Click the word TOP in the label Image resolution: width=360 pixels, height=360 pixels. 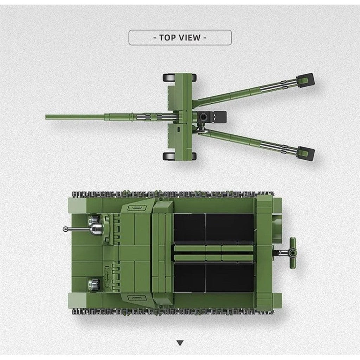coord(168,37)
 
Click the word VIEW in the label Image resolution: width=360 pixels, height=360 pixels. coord(189,37)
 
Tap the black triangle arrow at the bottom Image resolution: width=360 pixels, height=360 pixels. coord(180,343)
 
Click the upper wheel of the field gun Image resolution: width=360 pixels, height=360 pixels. coord(180,78)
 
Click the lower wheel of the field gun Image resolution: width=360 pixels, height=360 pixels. coord(180,156)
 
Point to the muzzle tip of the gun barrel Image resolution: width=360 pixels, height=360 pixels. coord(46,117)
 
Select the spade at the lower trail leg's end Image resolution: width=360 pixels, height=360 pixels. coord(306,153)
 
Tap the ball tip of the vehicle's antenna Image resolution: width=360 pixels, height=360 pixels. coord(65,229)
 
